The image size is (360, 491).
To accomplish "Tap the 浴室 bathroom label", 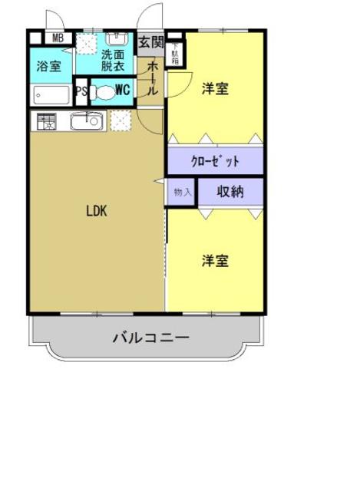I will pyautogui.click(x=50, y=66).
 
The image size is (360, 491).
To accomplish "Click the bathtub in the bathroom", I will pyautogui.click(x=51, y=95).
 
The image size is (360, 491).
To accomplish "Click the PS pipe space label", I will pyautogui.click(x=81, y=92).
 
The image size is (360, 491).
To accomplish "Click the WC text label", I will pyautogui.click(x=124, y=91).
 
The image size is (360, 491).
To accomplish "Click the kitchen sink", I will pyautogui.click(x=86, y=121).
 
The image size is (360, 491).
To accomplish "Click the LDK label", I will pyautogui.click(x=96, y=212).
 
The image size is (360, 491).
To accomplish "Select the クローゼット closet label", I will pyautogui.click(x=215, y=162).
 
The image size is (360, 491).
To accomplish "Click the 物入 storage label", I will pyautogui.click(x=182, y=192).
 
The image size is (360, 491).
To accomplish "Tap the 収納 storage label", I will pyautogui.click(x=230, y=192).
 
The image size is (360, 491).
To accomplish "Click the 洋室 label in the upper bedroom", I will pyautogui.click(x=215, y=88).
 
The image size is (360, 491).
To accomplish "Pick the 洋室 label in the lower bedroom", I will pyautogui.click(x=215, y=261).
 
